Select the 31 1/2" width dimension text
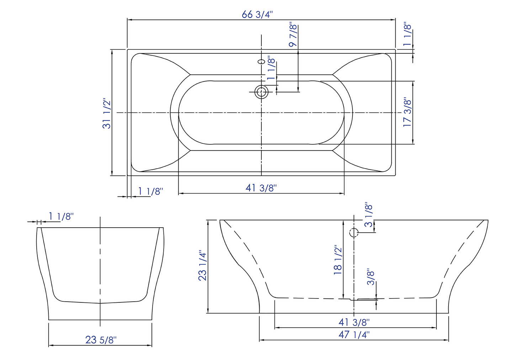(x=107, y=113)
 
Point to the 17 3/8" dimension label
(x=407, y=112)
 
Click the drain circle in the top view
(x=261, y=92)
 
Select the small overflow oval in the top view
(x=261, y=62)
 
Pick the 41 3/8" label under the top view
(x=261, y=188)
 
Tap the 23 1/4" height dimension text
(x=202, y=265)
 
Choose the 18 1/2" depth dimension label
(x=338, y=260)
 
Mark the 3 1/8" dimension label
(x=369, y=215)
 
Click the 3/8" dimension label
(x=371, y=277)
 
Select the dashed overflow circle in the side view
(x=354, y=233)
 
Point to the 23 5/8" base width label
(x=101, y=340)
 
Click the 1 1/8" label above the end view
(x=61, y=216)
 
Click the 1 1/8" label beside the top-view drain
(x=271, y=68)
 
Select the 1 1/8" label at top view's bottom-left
(x=150, y=191)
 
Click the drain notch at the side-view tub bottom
(x=354, y=300)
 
